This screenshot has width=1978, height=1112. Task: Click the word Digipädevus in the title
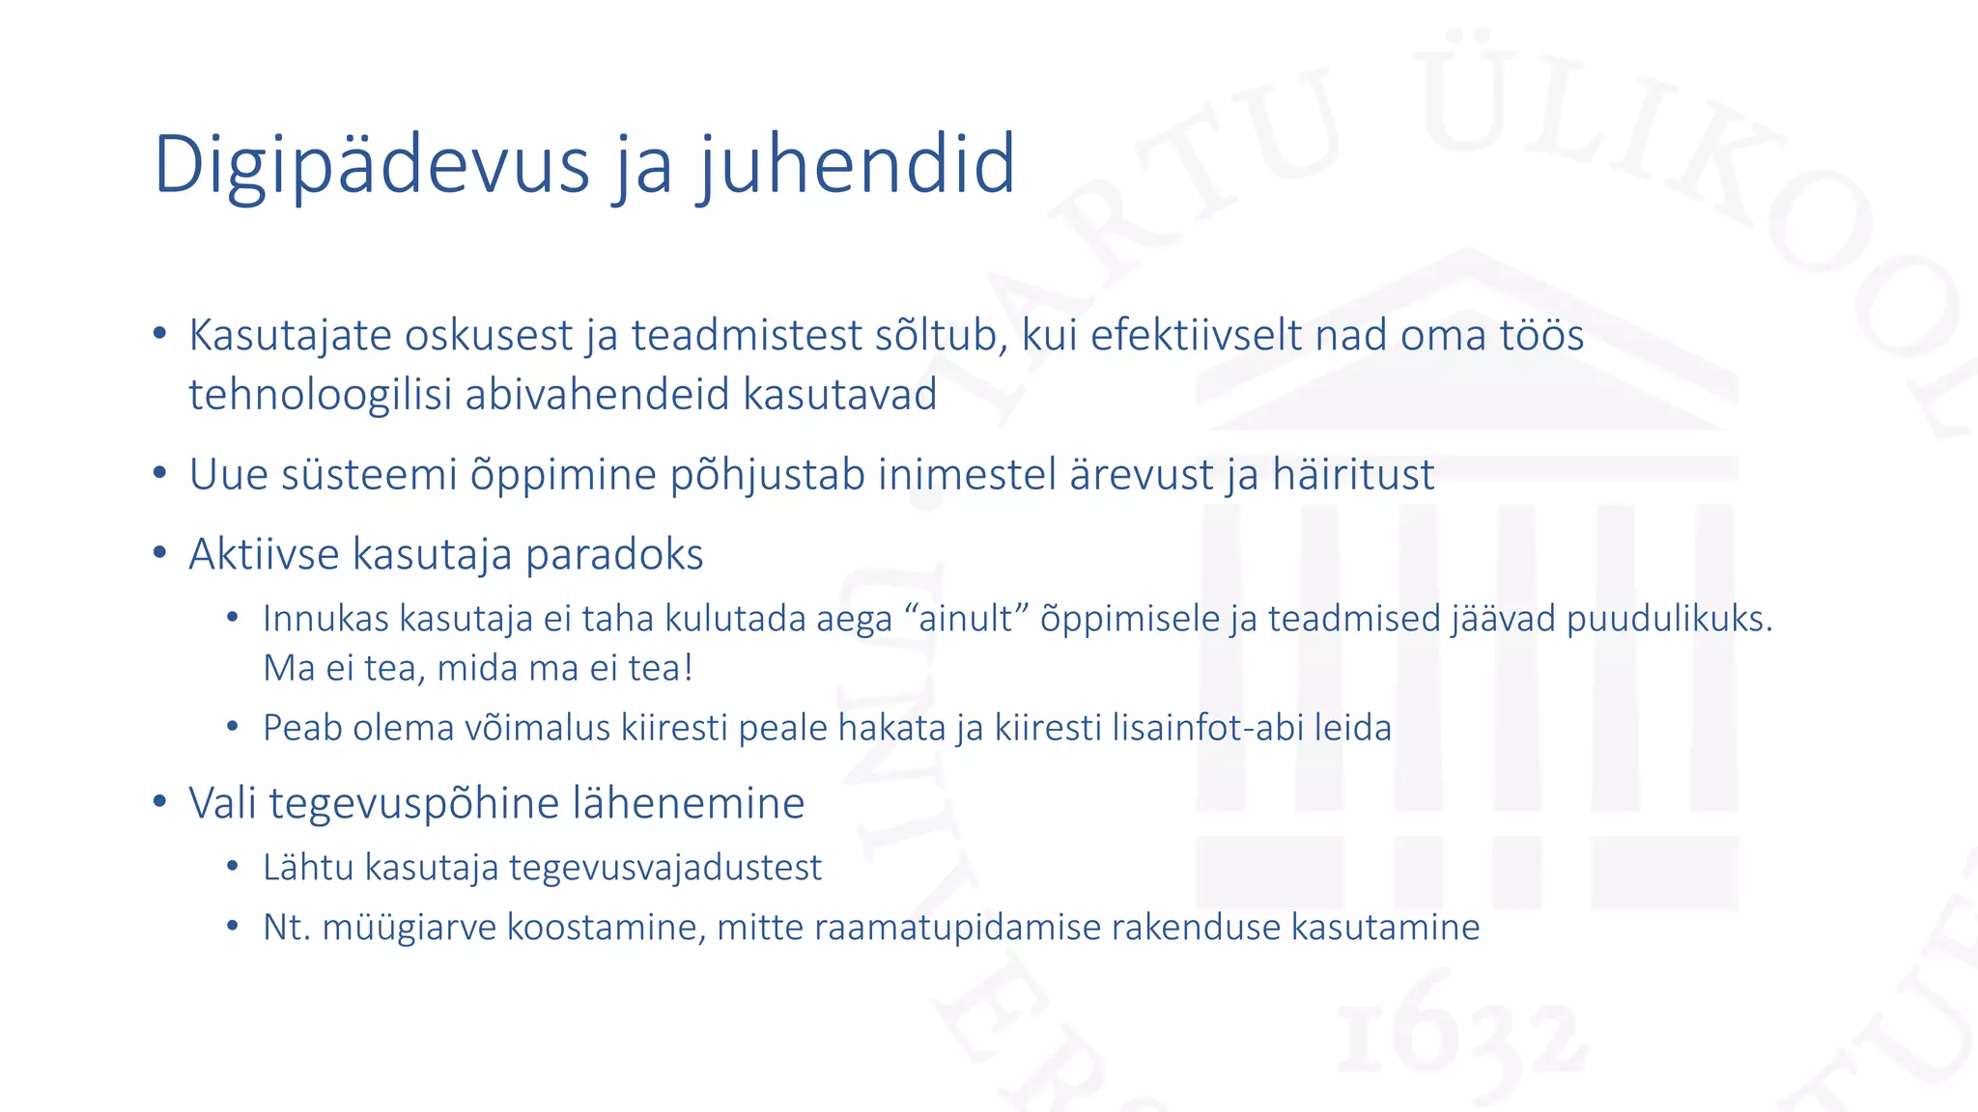click(371, 166)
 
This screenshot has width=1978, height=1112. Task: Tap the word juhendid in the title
click(857, 164)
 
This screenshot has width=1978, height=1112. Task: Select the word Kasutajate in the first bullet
click(290, 336)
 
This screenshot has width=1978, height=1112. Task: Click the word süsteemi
click(369, 475)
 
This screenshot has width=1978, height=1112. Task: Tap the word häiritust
click(1352, 475)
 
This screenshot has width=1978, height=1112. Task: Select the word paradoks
click(614, 555)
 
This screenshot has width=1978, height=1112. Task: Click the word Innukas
click(325, 619)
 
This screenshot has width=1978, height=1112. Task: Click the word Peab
click(301, 728)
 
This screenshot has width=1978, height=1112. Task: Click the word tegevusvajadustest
click(665, 868)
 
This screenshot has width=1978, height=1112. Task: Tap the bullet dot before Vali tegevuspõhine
click(160, 802)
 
